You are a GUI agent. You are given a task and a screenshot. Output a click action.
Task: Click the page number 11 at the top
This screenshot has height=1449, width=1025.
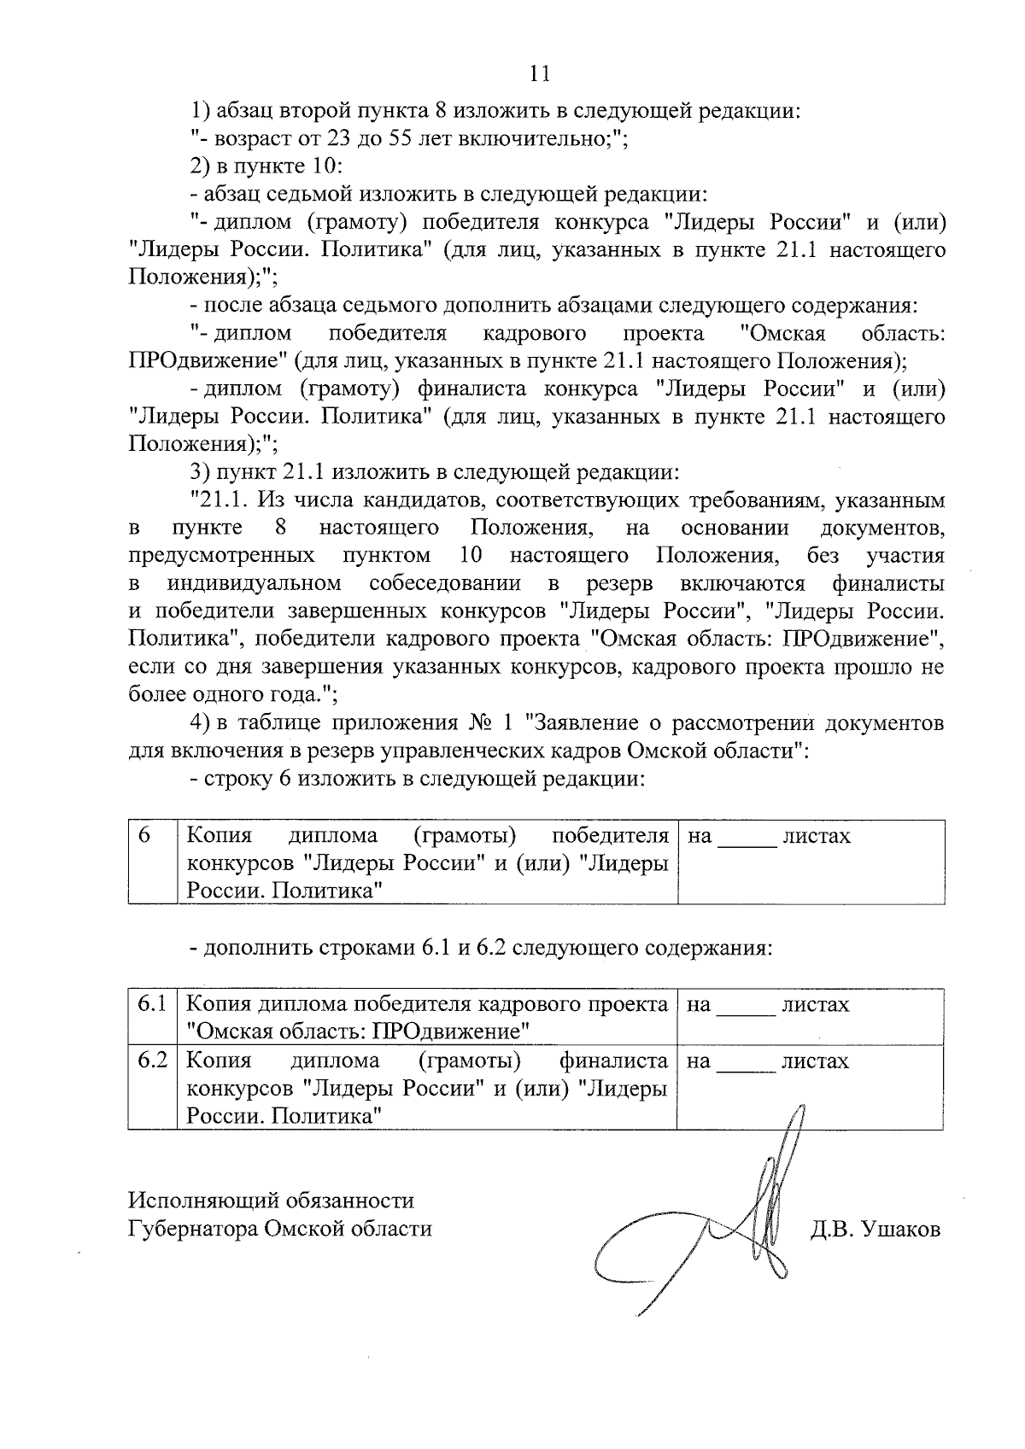tap(539, 73)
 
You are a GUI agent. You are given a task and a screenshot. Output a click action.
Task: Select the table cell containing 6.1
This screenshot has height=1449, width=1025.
tap(152, 1004)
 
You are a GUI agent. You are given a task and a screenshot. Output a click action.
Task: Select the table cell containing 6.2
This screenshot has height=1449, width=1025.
tap(152, 1061)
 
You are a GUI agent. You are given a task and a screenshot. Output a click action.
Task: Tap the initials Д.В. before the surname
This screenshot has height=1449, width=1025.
tap(831, 1229)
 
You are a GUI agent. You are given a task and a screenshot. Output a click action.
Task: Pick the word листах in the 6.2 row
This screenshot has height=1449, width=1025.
tap(815, 1061)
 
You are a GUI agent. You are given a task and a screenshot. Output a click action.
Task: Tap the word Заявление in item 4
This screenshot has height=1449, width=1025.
tap(583, 723)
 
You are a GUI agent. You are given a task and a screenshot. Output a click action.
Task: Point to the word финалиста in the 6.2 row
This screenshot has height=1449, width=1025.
tap(612, 1061)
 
